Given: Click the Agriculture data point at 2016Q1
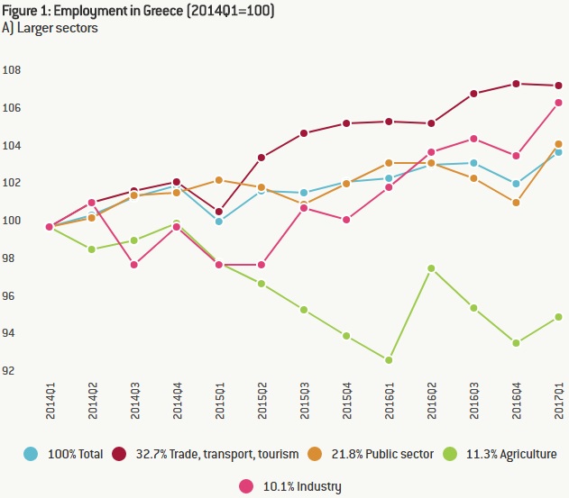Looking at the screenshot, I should coord(389,360).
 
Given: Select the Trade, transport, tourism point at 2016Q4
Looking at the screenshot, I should coord(517,84).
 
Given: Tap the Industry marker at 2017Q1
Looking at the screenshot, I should coord(559,103).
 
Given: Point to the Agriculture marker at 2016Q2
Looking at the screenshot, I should coord(432,268).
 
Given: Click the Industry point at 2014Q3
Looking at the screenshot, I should coord(134,265).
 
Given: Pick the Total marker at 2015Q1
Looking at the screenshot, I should coord(219,222).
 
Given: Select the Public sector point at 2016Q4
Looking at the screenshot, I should coord(517,203).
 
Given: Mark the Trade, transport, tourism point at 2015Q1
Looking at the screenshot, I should coord(219,212).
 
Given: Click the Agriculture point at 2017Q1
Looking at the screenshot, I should coord(559,317).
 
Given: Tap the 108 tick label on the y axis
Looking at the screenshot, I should coord(12,70).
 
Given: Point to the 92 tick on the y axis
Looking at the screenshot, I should coord(12,371).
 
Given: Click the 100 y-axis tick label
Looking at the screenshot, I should coord(12,221).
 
